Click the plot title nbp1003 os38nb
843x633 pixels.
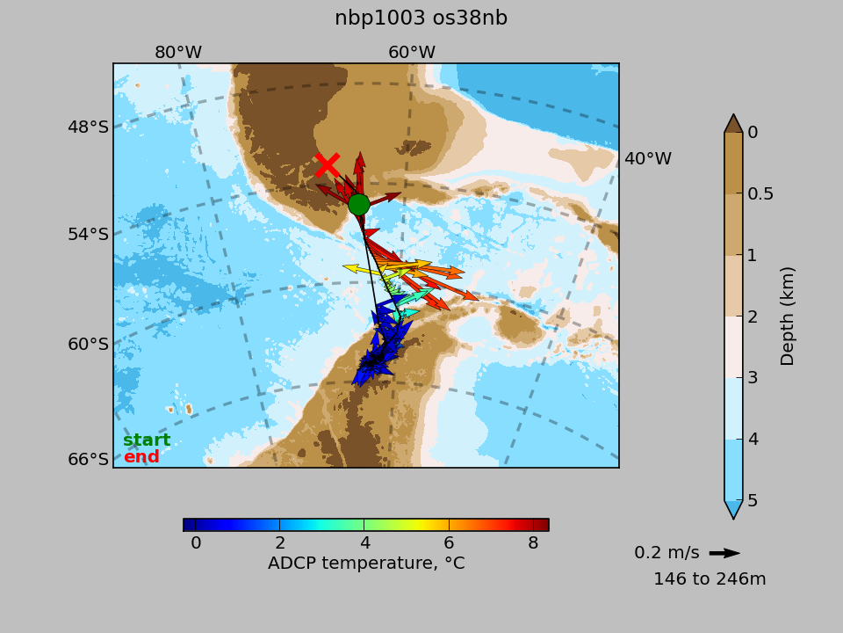tap(421, 18)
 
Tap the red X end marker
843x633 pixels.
tap(328, 165)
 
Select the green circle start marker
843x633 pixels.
tap(358, 205)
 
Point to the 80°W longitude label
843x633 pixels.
tap(178, 52)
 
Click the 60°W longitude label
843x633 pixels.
tap(412, 52)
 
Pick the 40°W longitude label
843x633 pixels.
tap(648, 159)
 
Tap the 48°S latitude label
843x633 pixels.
tap(88, 127)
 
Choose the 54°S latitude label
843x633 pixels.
tap(88, 234)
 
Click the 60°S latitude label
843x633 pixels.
tap(88, 344)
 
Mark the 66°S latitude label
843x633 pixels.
tap(88, 459)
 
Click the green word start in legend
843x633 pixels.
tap(147, 440)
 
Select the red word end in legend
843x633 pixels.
tap(141, 456)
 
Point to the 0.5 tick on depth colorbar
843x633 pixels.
tap(760, 193)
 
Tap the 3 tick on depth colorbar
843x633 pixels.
tap(753, 378)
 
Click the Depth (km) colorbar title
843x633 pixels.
tap(787, 316)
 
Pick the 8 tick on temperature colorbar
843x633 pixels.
tap(533, 542)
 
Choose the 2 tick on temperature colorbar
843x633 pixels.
tap(280, 542)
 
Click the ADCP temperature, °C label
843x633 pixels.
tap(366, 563)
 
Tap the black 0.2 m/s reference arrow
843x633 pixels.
tap(724, 553)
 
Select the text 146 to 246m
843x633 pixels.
tap(710, 579)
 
